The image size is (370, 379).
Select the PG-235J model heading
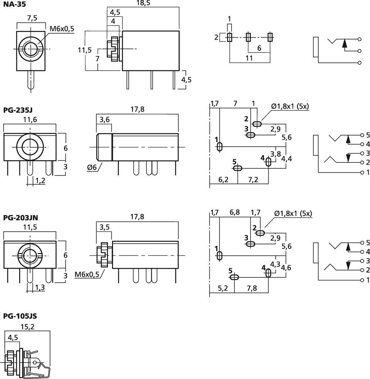(17, 110)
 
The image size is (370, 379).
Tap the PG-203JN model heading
(20, 218)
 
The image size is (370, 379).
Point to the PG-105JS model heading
(20, 316)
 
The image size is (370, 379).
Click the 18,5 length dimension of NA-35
(143, 3)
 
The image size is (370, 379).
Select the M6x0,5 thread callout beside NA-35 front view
(61, 29)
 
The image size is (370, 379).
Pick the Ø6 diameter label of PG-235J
(92, 167)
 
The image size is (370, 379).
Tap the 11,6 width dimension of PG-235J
(29, 120)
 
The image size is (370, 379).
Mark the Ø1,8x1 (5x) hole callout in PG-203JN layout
(293, 214)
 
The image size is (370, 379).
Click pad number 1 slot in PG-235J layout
(219, 147)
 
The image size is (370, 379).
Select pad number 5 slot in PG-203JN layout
(234, 277)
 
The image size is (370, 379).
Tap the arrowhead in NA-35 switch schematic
(345, 43)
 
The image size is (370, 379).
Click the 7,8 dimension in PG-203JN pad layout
(251, 289)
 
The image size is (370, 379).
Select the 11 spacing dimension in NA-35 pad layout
(249, 58)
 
